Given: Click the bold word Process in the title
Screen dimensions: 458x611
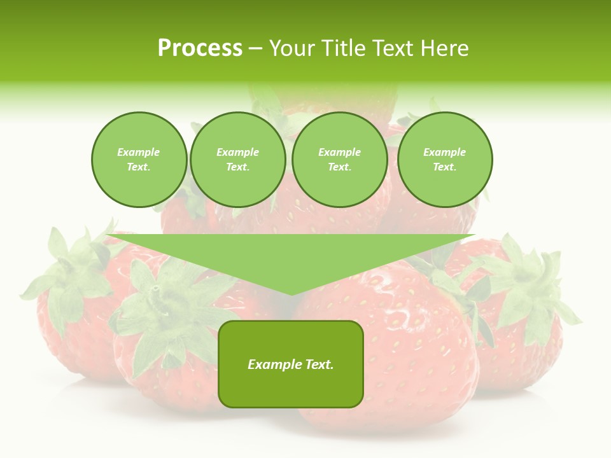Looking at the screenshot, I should (x=200, y=48).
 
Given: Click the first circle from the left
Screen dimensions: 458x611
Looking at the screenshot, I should (x=139, y=160).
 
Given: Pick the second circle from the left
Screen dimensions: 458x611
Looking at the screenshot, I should (x=237, y=160).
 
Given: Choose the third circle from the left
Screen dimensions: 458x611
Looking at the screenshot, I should (x=339, y=160).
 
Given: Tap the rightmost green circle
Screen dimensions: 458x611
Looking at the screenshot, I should (x=444, y=160).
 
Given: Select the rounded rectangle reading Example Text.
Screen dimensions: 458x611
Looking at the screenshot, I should (x=291, y=364).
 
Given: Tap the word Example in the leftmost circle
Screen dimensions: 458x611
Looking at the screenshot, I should (x=139, y=153).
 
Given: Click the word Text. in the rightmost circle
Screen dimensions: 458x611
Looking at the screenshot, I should (x=444, y=167).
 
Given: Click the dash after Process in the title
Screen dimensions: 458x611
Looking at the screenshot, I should (x=255, y=49).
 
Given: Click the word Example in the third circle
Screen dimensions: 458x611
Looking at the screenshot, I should (x=339, y=153).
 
